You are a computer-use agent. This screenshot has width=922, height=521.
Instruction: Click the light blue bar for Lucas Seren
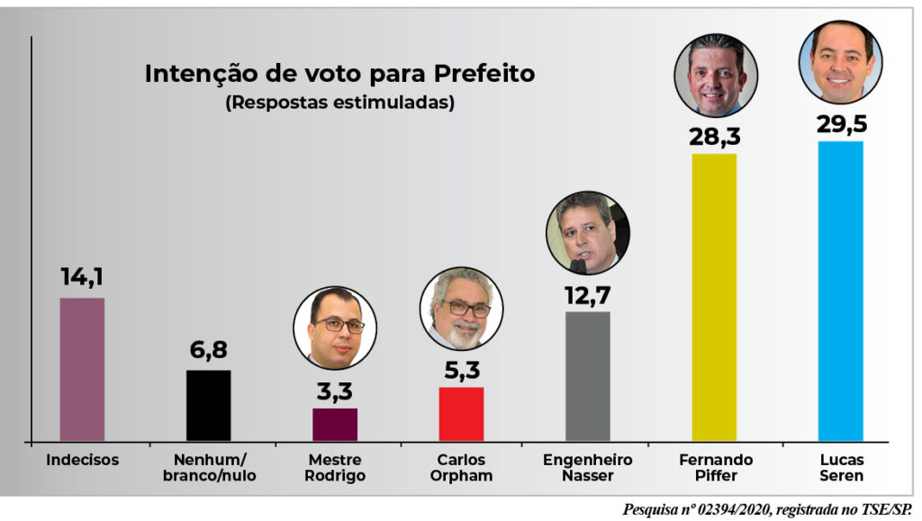click(x=840, y=291)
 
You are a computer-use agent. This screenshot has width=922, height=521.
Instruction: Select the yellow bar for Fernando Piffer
click(x=713, y=297)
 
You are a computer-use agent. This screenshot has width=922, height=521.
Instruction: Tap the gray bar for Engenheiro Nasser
click(x=587, y=376)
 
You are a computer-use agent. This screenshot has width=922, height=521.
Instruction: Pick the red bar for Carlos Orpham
click(x=461, y=414)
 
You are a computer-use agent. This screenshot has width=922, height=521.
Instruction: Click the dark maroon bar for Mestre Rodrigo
click(x=335, y=424)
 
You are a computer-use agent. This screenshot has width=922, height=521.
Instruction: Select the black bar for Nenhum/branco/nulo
click(x=208, y=405)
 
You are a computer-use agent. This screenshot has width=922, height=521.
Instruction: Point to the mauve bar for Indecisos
click(x=82, y=369)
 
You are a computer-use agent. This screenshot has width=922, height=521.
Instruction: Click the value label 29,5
click(x=840, y=123)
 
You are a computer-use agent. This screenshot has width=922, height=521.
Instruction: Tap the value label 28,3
click(x=714, y=136)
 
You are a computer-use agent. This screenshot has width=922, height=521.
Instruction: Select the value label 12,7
click(x=587, y=294)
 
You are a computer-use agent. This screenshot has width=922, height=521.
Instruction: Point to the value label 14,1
click(x=82, y=277)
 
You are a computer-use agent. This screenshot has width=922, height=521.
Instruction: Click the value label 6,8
click(x=208, y=351)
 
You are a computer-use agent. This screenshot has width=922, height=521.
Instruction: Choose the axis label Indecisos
click(x=82, y=460)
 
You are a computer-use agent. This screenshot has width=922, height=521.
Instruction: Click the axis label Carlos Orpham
click(x=461, y=468)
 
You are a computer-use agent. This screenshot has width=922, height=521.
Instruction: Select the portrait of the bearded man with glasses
click(x=461, y=309)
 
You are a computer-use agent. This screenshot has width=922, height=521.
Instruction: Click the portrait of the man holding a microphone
click(x=587, y=232)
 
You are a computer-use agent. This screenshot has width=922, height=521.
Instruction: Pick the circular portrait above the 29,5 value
click(x=840, y=61)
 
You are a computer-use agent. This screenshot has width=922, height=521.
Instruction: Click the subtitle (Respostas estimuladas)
click(x=339, y=103)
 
